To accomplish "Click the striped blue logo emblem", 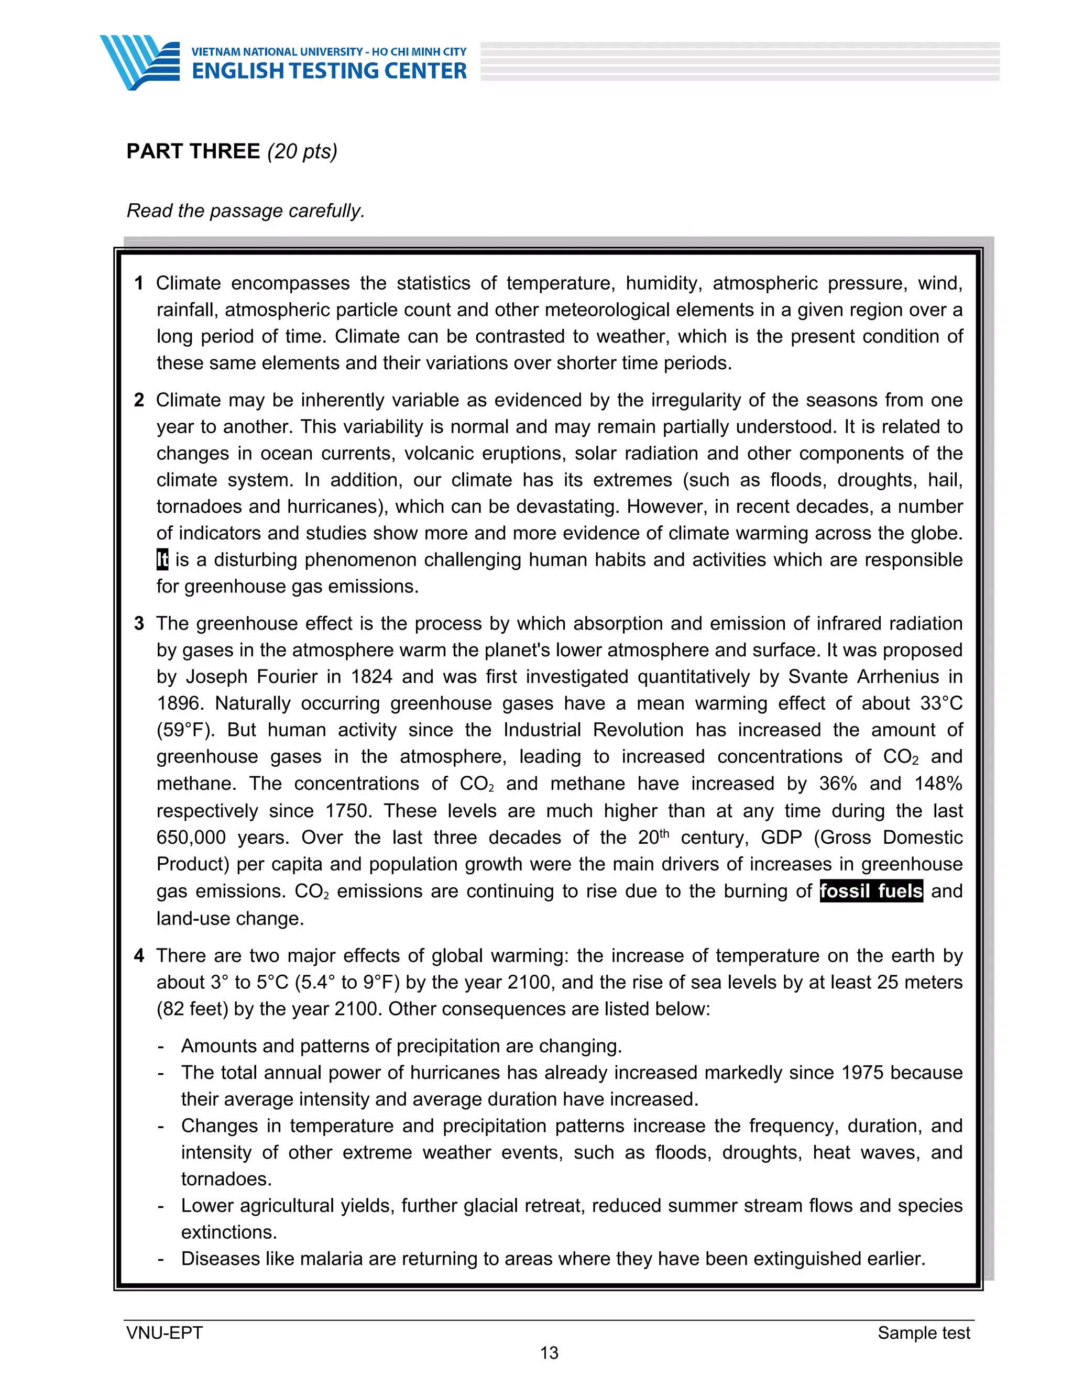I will pyautogui.click(x=140, y=62).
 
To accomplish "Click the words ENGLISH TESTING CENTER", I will pyautogui.click(x=329, y=71).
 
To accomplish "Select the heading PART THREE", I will pyautogui.click(x=193, y=151).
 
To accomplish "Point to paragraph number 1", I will pyautogui.click(x=138, y=283).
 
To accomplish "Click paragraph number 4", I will pyautogui.click(x=138, y=956).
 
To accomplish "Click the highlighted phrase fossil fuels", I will pyautogui.click(x=871, y=891).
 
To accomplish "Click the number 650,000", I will pyautogui.click(x=191, y=838).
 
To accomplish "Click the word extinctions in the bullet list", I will pyautogui.click(x=229, y=1232).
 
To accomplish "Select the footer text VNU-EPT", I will pyautogui.click(x=164, y=1332).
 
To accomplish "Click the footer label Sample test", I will pyautogui.click(x=923, y=1332).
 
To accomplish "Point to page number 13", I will pyautogui.click(x=549, y=1353).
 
